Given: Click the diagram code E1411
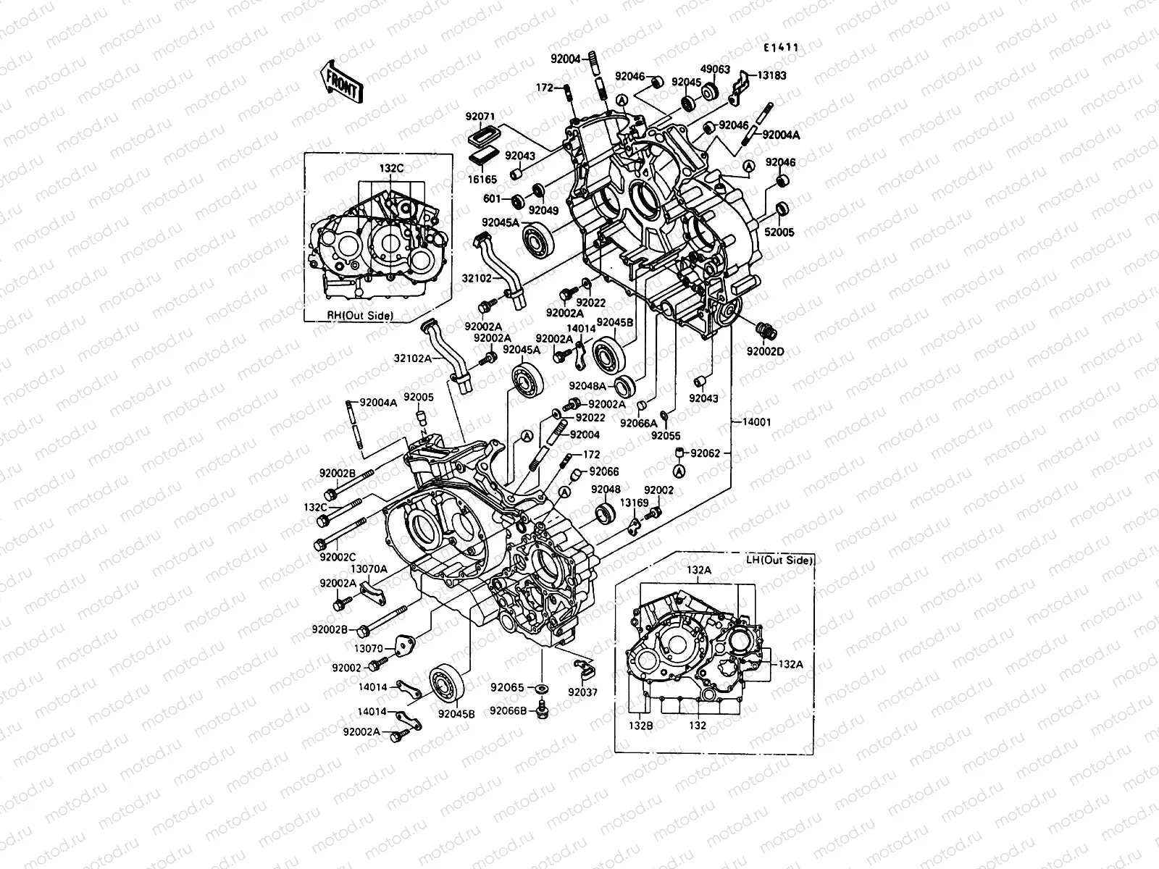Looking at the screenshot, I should [780, 48].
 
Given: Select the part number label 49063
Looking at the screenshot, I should [715, 70].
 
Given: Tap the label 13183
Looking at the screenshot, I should [771, 75].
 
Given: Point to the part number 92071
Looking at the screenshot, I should [480, 117].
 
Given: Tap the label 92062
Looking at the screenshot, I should [705, 454].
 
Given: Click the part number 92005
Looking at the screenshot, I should [418, 397].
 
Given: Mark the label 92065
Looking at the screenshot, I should [506, 687].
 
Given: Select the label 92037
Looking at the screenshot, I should [582, 692].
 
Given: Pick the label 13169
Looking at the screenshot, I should [634, 501].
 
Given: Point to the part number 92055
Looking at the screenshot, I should [665, 436].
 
